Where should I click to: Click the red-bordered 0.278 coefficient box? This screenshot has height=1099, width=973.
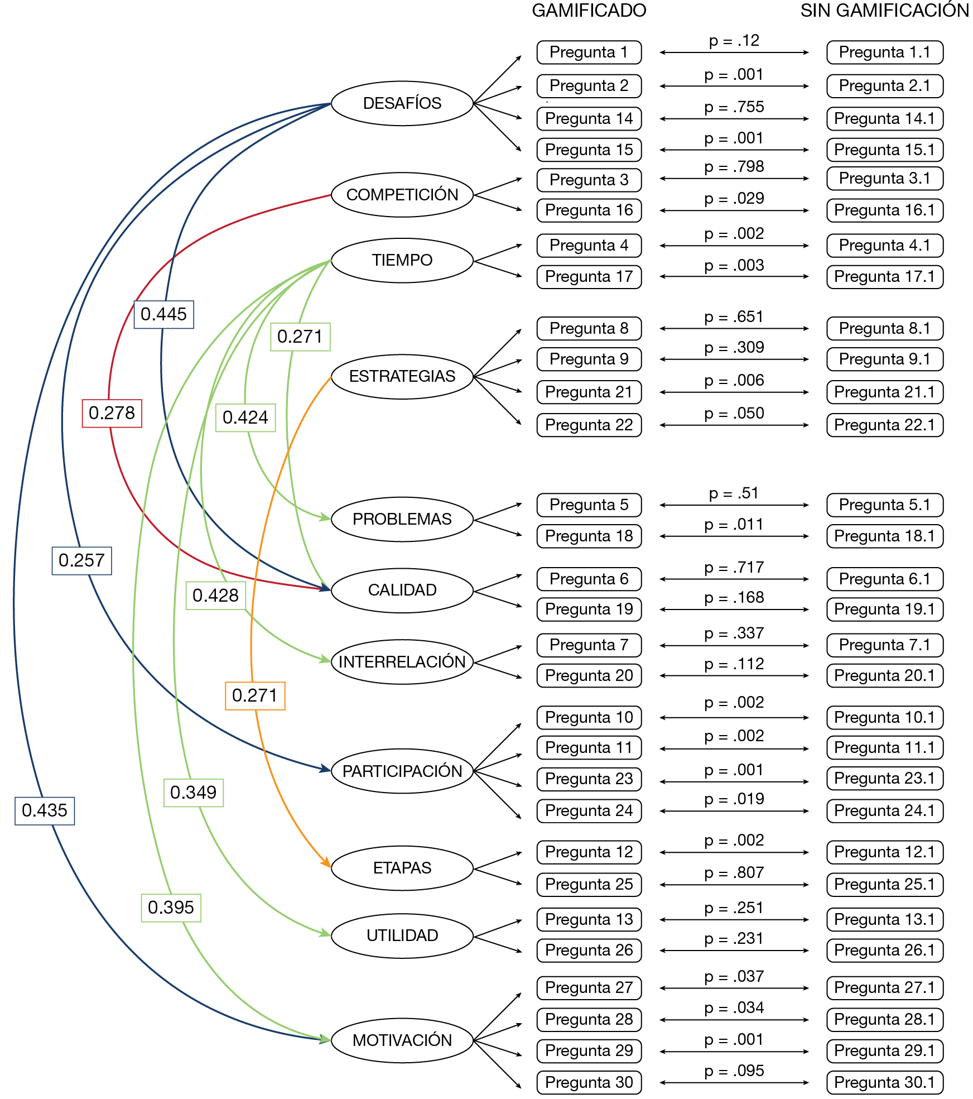(x=112, y=414)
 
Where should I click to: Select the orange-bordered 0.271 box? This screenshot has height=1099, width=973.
(x=255, y=696)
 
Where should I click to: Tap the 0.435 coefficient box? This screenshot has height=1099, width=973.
(x=45, y=810)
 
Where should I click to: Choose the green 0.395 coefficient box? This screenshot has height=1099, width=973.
(x=171, y=908)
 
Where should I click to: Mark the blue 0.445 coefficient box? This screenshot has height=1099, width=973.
(x=163, y=314)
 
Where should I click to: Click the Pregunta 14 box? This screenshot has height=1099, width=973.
(x=589, y=118)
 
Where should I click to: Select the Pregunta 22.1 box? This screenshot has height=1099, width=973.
(x=885, y=425)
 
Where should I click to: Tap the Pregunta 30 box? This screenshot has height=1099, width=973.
(x=589, y=1082)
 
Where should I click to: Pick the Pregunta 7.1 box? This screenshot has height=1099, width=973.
(x=885, y=645)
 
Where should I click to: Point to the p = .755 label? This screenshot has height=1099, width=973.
(x=734, y=107)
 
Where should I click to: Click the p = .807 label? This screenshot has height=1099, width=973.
(x=734, y=872)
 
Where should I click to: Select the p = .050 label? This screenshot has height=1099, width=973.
(x=734, y=413)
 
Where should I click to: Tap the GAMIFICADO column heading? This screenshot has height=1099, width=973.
(x=589, y=11)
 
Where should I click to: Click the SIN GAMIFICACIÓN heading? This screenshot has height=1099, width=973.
(x=885, y=10)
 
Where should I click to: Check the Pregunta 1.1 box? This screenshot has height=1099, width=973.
(x=885, y=52)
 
